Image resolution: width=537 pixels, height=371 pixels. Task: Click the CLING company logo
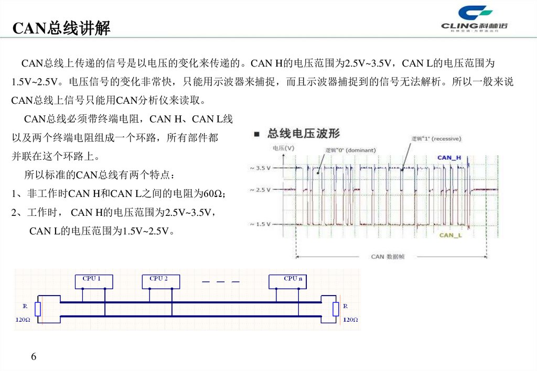tap(475, 19)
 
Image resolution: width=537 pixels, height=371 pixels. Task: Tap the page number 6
tap(34, 357)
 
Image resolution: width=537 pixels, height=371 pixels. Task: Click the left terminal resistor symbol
tap(38, 309)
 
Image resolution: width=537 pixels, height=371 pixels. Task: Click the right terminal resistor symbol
tap(336, 309)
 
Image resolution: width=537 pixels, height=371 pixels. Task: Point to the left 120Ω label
tap(23, 319)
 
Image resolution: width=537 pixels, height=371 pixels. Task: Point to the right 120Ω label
tap(350, 319)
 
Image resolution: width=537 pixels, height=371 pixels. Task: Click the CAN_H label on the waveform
tap(449, 157)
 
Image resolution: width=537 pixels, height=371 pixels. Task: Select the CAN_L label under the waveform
tap(450, 235)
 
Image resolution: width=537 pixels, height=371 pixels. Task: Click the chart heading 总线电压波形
tap(303, 133)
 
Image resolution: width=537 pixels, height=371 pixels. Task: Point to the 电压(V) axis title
tap(284, 148)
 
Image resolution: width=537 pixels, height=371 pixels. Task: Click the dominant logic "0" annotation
tap(350, 150)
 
